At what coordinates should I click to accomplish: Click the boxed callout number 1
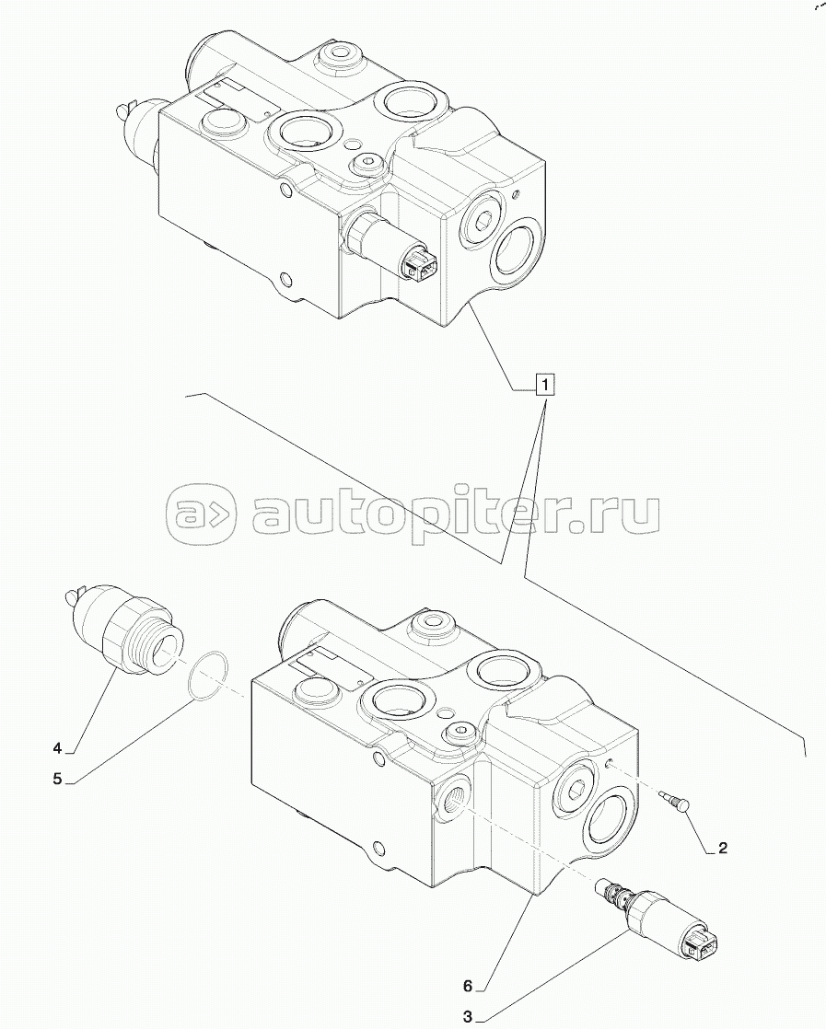pyautogui.click(x=545, y=384)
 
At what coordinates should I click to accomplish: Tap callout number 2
pyautogui.click(x=723, y=849)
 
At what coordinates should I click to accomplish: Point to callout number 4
pyautogui.click(x=57, y=746)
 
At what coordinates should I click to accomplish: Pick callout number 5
pyautogui.click(x=57, y=779)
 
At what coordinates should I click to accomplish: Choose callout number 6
pyautogui.click(x=468, y=986)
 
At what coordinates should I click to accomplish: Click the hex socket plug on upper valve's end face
pyautogui.click(x=481, y=219)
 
